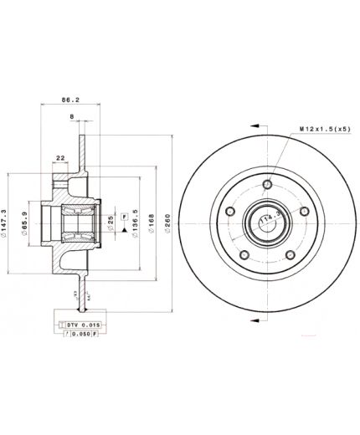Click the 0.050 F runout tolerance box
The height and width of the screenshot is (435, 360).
click(x=80, y=333)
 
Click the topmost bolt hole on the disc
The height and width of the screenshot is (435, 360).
click(x=267, y=185)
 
